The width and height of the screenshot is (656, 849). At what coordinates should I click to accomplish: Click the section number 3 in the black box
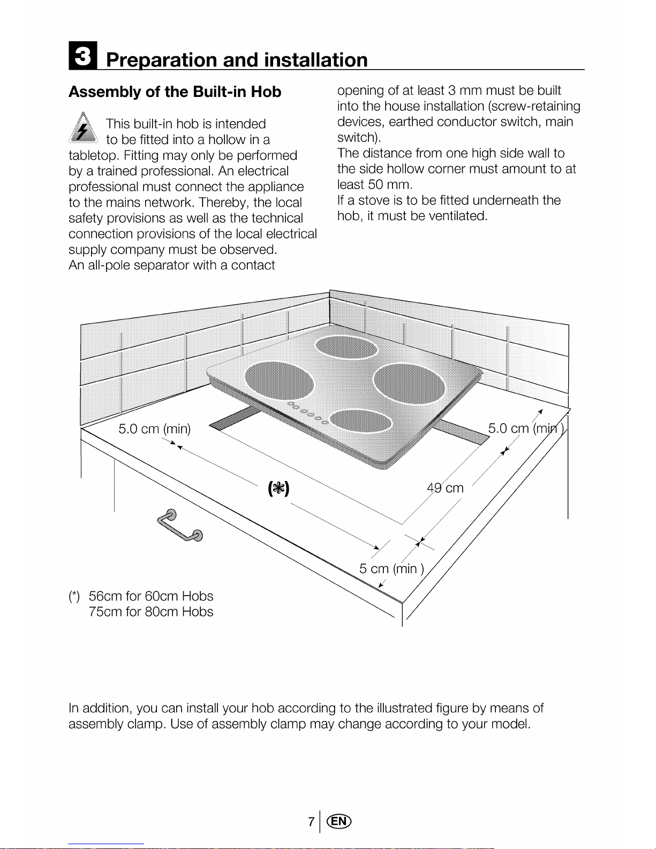pos(83,56)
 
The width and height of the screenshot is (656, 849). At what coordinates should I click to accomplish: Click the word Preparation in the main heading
pos(161,60)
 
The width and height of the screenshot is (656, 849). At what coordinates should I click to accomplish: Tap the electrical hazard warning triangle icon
pos(83,127)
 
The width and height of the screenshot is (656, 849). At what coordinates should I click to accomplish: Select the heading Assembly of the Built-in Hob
pos(175,92)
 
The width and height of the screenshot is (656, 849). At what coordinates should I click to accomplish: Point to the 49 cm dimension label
pos(445,488)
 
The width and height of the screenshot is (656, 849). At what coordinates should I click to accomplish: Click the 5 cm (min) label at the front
pos(391,569)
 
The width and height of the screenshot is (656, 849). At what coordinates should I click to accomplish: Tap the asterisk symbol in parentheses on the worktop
pos(278,489)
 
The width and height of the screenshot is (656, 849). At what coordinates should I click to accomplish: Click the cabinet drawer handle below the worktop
pos(180,525)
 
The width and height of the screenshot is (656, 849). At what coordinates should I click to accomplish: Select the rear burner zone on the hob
pos(346,347)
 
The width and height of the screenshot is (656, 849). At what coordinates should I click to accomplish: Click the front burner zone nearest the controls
pos(361,421)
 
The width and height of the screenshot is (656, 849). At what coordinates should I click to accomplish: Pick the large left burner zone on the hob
pos(279,380)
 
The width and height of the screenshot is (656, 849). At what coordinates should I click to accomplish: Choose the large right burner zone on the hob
pos(409,384)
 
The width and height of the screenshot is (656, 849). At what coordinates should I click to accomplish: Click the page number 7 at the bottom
pos(311,822)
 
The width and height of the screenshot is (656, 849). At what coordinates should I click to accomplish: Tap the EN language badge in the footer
pos(339,821)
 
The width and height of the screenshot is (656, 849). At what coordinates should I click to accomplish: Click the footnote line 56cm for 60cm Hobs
pos(150,596)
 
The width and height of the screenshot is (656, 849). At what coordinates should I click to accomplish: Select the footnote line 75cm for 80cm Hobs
pos(150,612)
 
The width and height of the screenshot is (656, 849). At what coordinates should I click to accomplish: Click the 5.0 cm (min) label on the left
pos(155,429)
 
